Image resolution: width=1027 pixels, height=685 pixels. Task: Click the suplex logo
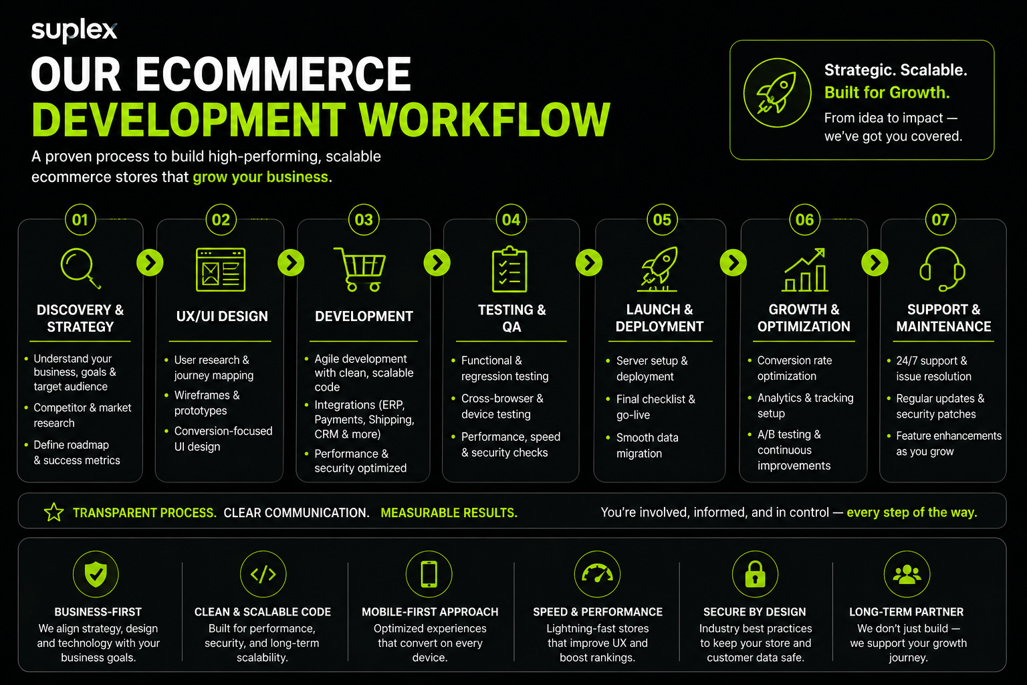74,30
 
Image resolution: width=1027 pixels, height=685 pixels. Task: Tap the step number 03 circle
364,220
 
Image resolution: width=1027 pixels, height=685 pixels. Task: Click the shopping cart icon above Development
360,269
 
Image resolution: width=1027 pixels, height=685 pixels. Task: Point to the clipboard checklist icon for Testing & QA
509,270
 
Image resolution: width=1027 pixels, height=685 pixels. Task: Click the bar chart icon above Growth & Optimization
805,270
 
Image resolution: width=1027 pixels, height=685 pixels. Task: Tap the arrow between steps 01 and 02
150,263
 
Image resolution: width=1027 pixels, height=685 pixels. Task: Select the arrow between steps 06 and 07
875,263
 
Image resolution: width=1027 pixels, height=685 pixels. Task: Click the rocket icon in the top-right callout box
776,93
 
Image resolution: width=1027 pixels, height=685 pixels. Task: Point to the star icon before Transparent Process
53,512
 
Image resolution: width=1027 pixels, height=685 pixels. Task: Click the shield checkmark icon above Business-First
96,574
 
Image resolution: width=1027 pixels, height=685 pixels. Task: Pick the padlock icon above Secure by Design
755,574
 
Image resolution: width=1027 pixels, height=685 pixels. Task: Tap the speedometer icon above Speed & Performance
597,574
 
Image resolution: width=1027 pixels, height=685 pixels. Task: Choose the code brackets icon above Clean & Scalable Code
263,574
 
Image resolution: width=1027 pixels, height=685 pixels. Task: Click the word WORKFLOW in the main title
485,120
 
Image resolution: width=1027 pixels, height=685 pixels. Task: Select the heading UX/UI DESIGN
222,316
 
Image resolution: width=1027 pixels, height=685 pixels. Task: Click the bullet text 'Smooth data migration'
647,446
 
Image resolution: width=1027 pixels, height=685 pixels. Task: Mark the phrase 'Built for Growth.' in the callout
887,92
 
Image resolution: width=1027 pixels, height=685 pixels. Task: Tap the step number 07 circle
940,220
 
